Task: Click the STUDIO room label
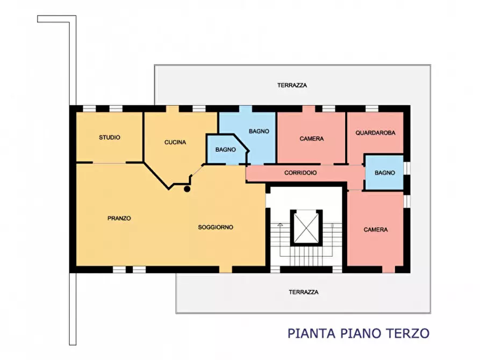tap(110, 138)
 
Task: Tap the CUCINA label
tap(175, 142)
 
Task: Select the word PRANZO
tap(119, 218)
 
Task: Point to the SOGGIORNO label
tap(216, 227)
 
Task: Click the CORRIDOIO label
tap(300, 173)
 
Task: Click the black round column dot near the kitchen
tap(187, 189)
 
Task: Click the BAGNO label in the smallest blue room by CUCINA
tap(226, 150)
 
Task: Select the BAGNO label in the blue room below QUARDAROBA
tap(385, 173)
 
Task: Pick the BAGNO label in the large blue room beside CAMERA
tap(259, 131)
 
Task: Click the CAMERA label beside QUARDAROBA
tap(312, 139)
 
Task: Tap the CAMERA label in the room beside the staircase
tap(376, 230)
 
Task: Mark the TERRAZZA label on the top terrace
tap(292, 85)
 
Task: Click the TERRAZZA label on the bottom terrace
tap(303, 292)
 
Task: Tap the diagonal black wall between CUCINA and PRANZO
tap(156, 175)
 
